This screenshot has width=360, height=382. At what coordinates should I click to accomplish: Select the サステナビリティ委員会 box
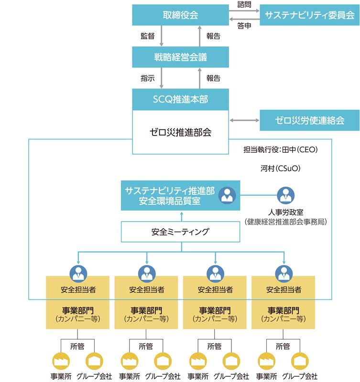point(309,15)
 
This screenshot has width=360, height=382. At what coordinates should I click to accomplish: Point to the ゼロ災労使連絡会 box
point(309,120)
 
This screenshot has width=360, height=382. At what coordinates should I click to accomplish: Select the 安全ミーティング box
point(180,232)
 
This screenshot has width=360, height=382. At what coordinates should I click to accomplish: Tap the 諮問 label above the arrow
point(244,4)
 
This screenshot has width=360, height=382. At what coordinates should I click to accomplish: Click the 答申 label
point(244,26)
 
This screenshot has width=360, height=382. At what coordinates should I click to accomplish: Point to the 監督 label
point(147,36)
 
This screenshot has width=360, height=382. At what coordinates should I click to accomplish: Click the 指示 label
point(147,78)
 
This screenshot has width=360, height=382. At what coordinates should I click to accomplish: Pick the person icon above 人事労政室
point(286,195)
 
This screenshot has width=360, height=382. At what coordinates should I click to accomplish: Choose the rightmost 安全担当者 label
point(284,289)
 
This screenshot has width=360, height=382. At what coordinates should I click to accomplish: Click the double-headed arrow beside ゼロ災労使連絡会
point(244,120)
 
